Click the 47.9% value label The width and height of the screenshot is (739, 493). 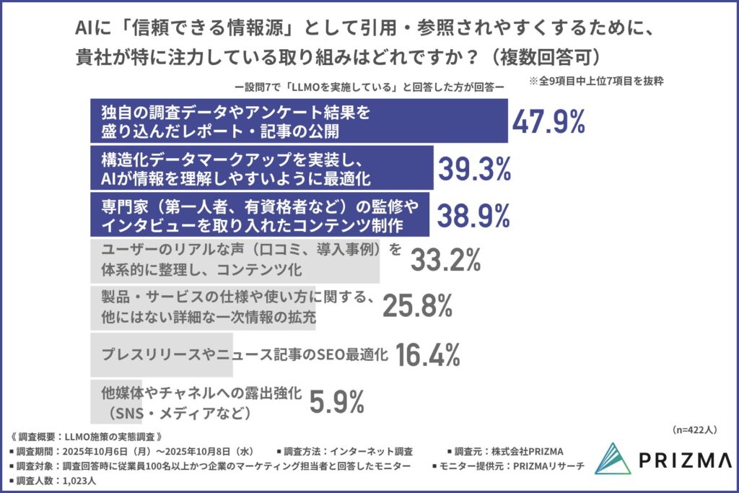coord(548,122)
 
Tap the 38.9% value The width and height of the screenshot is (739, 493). coord(471,214)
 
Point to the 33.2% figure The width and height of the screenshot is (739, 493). coord(445,261)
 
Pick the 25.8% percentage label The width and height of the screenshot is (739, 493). coord(417,307)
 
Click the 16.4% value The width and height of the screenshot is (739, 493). coord(427,354)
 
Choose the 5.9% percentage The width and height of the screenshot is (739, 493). coord(336,401)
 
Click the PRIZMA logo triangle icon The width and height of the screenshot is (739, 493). coord(613,458)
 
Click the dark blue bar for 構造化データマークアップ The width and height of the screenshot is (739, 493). coord(260,167)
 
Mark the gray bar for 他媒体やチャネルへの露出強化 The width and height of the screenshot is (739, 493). coord(115,401)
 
